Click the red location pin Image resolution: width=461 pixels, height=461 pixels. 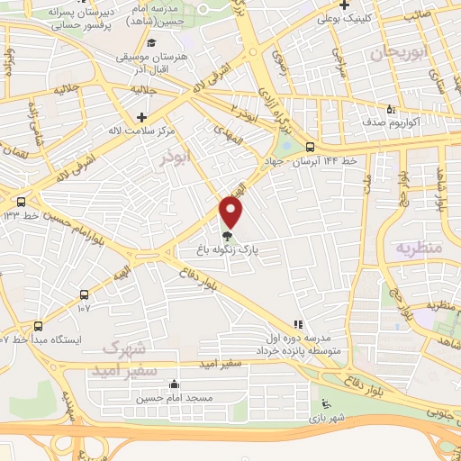pyautogui.click(x=232, y=212)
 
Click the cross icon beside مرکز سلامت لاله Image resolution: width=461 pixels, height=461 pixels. pyautogui.click(x=142, y=117)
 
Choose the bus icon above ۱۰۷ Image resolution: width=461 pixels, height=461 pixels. pyautogui.click(x=84, y=294)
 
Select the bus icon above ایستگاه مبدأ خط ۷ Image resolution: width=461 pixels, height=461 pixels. pyautogui.click(x=38, y=326)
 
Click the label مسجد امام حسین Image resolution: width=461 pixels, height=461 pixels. pyautogui.click(x=175, y=397)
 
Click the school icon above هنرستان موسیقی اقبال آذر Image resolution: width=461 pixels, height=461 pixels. pyautogui.click(x=152, y=43)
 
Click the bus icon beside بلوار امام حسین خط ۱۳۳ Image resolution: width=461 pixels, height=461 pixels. pyautogui.click(x=21, y=202)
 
